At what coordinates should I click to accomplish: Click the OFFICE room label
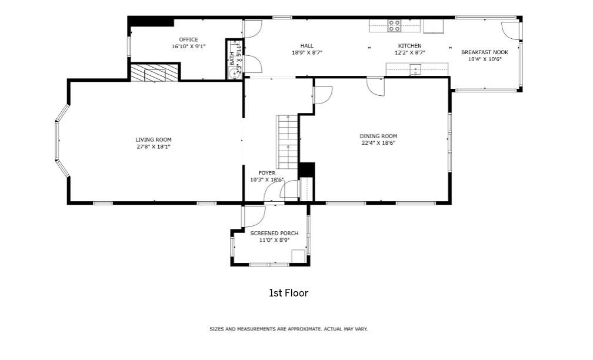[x=188, y=39]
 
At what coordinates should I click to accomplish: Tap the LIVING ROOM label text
[x=154, y=139]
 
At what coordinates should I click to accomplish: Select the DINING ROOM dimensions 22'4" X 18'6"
[x=378, y=143]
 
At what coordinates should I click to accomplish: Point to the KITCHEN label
[x=409, y=46]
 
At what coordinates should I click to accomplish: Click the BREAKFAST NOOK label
[x=485, y=52]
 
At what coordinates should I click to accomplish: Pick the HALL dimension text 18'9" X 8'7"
[x=307, y=52]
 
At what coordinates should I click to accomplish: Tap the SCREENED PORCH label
[x=274, y=233]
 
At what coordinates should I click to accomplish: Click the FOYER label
[x=267, y=173]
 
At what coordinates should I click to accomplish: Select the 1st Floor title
[x=288, y=293]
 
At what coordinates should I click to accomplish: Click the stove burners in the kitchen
[x=394, y=25]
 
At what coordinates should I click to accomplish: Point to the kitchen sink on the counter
[x=415, y=69]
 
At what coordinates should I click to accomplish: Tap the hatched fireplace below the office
[x=154, y=72]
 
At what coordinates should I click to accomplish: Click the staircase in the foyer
[x=288, y=142]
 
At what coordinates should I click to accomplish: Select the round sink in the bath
[x=235, y=74]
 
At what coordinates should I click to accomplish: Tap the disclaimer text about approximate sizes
[x=288, y=329]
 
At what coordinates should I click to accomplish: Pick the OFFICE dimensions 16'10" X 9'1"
[x=188, y=46]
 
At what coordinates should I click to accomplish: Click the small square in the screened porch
[x=298, y=256]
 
